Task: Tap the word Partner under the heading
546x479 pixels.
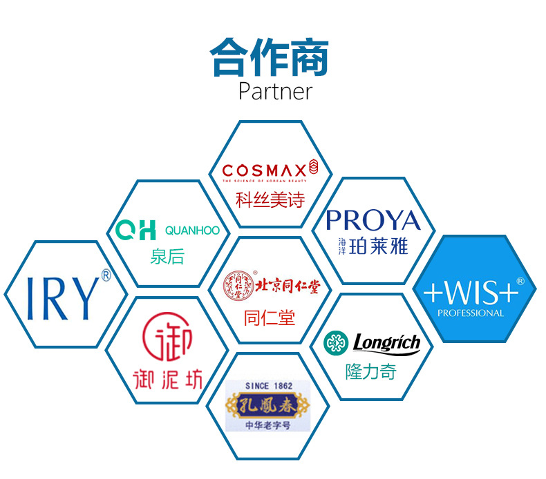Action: [275, 91]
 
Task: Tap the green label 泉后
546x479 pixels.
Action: [167, 257]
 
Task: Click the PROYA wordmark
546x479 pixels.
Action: [373, 221]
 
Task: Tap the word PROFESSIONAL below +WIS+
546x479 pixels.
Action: [471, 313]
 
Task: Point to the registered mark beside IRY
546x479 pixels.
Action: [106, 275]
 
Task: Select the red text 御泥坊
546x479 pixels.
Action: [167, 379]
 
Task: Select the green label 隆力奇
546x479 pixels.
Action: [371, 371]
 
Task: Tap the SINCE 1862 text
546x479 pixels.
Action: [269, 386]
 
